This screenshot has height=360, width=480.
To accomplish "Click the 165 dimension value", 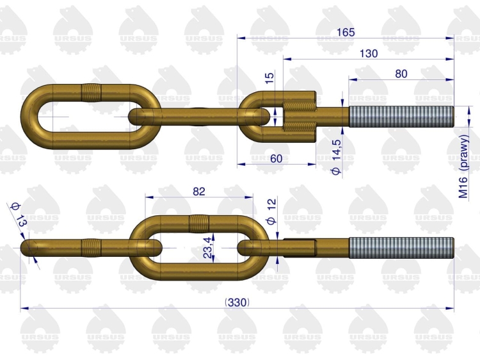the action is point(346,32).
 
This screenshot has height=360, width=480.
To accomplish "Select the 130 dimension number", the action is point(369,53).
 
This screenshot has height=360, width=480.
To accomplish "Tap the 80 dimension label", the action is point(401,74).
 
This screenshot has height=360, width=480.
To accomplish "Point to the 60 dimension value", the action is point(276,159).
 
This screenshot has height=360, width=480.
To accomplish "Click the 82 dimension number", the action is point(199,192).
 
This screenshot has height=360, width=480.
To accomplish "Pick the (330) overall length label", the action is point(237,303).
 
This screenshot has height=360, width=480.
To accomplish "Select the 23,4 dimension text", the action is point(208,247).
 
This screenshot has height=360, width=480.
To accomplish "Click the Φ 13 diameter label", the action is point(19,215).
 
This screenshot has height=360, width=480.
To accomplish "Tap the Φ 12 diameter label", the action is point(271,211).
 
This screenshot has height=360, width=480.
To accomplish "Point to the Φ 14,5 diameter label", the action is point(336,157).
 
